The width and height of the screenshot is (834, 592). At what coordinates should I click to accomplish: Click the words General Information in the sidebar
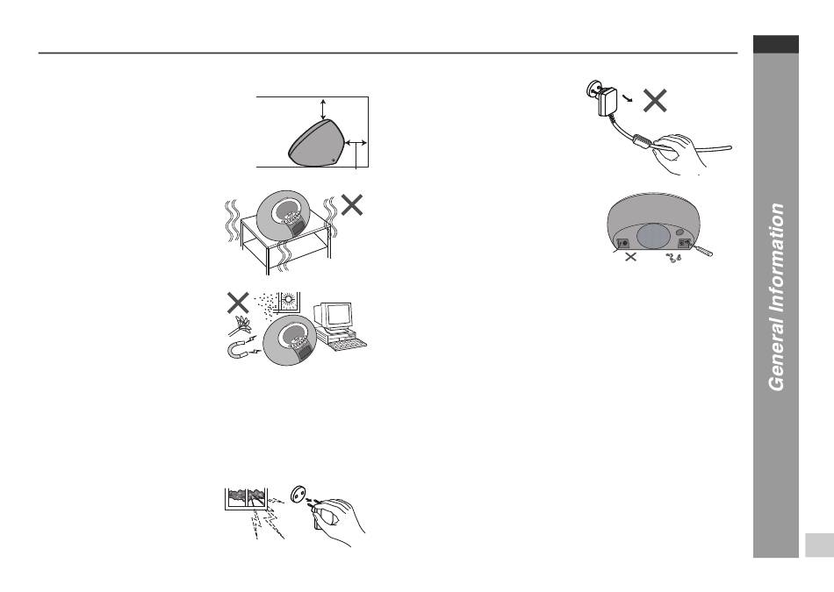click(777, 297)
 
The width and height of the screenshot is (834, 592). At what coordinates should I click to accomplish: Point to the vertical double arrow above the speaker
click(323, 109)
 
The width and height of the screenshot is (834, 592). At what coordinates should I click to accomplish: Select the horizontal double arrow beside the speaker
click(356, 142)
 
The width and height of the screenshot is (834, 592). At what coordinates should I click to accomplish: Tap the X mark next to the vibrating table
click(351, 204)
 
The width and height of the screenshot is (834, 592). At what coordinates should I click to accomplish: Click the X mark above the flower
click(238, 303)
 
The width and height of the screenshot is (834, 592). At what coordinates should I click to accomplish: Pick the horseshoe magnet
click(240, 348)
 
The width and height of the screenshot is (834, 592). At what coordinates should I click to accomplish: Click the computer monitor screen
click(338, 315)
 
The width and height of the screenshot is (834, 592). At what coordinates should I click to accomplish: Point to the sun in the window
click(288, 299)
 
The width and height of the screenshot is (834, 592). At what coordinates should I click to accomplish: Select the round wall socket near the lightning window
click(298, 494)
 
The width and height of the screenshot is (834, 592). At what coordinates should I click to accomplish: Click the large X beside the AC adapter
click(655, 100)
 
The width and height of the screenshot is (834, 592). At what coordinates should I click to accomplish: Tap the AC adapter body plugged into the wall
click(608, 102)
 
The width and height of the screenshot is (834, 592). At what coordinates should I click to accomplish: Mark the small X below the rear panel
click(630, 257)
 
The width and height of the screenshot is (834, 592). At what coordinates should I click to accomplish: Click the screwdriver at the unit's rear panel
click(701, 249)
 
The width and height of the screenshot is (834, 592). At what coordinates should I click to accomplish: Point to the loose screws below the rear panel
click(673, 258)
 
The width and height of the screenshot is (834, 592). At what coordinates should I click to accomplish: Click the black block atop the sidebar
click(775, 44)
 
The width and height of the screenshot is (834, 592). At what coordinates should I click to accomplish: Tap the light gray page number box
click(819, 546)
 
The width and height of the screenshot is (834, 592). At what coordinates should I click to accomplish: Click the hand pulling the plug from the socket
click(338, 521)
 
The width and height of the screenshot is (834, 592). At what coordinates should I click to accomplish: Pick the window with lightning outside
click(247, 499)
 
